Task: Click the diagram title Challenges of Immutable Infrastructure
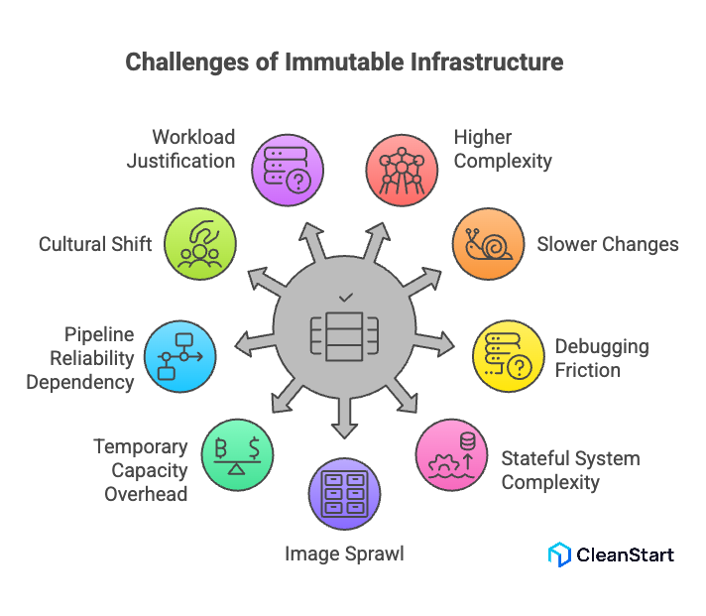point(344,62)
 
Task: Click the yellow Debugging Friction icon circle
point(508,356)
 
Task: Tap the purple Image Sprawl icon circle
point(344,493)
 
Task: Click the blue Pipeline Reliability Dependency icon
point(180,355)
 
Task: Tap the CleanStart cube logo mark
point(559,554)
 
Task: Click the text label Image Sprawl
point(344,554)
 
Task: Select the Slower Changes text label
point(608,244)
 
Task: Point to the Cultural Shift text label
point(95,244)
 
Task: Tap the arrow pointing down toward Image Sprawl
point(344,417)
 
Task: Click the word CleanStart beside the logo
point(626,554)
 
